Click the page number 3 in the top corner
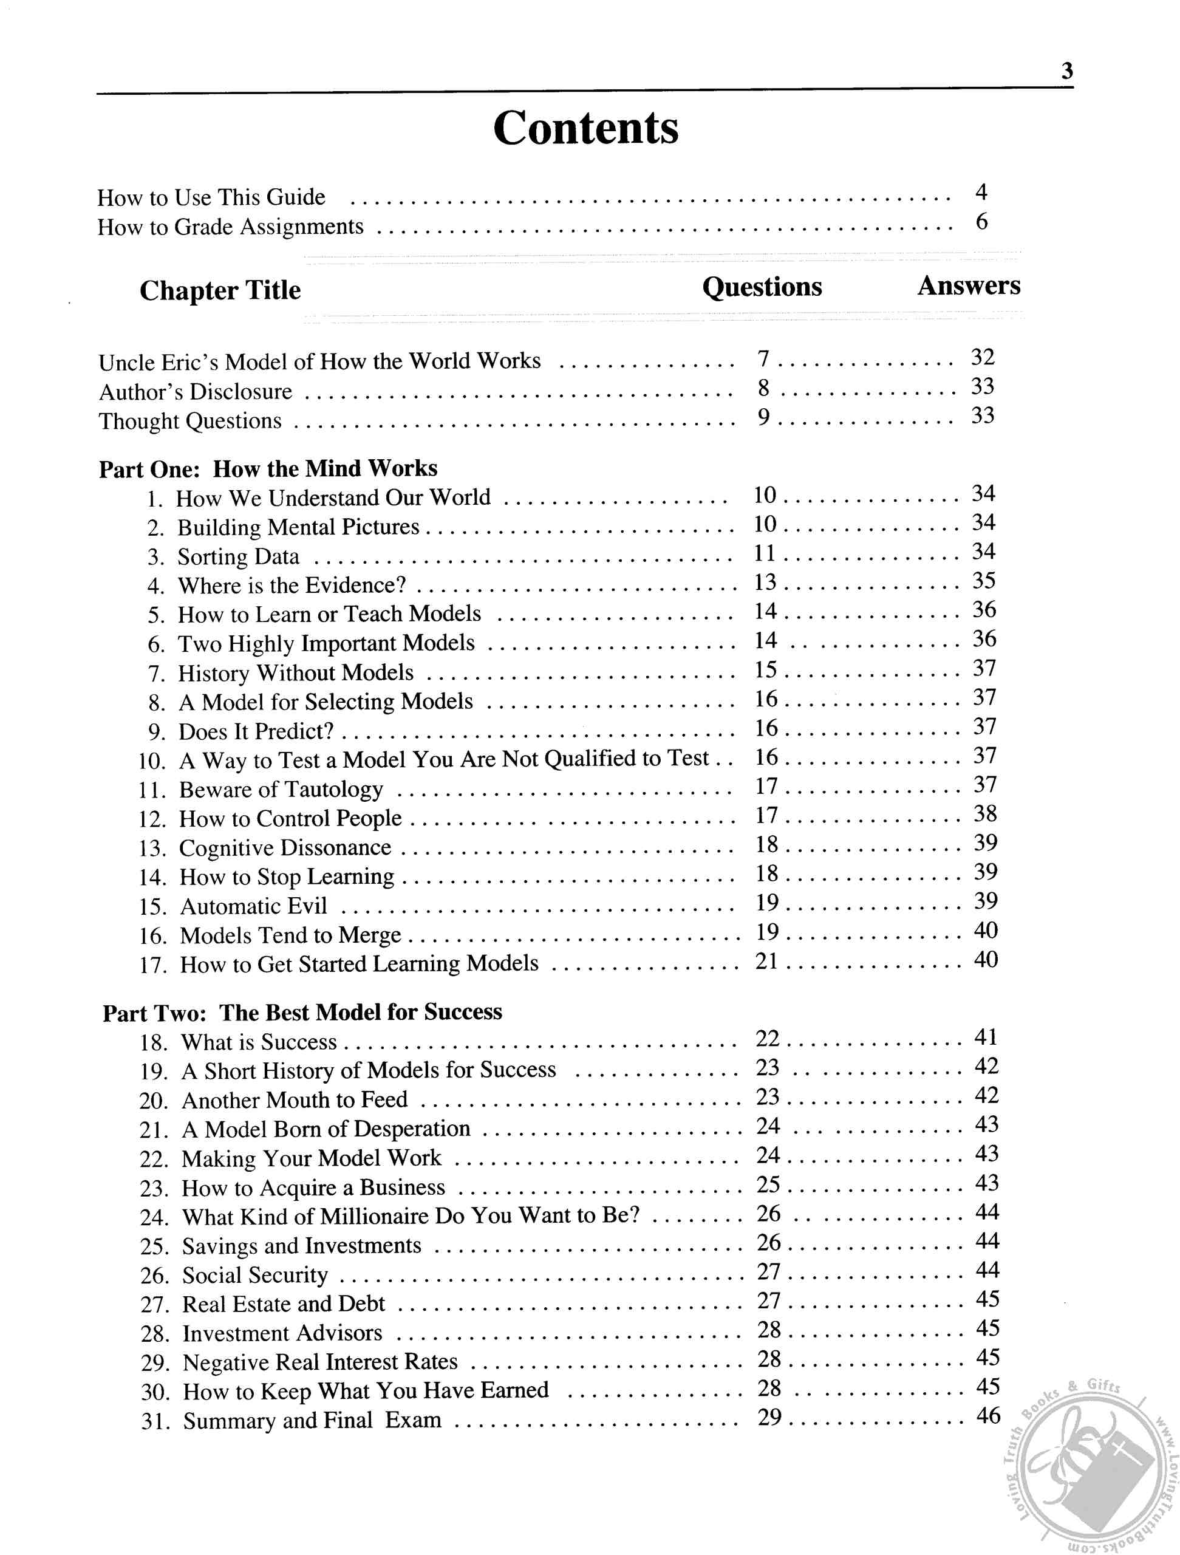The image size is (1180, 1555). pyautogui.click(x=1066, y=71)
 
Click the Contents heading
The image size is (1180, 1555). pyautogui.click(x=585, y=128)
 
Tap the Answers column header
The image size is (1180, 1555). pyautogui.click(x=969, y=285)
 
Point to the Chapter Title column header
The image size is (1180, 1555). pyautogui.click(x=220, y=290)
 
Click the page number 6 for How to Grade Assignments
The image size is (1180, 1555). pyautogui.click(x=981, y=222)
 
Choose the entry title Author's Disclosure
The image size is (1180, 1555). pyautogui.click(x=196, y=392)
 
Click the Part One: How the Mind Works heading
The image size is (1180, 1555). pyautogui.click(x=268, y=468)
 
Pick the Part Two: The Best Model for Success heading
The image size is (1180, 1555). pyautogui.click(x=302, y=1013)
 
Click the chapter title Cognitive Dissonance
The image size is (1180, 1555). pyautogui.click(x=285, y=848)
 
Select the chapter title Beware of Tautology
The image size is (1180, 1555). pyautogui.click(x=281, y=790)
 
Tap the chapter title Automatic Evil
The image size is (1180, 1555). pyautogui.click(x=254, y=906)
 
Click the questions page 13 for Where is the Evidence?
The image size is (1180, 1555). pyautogui.click(x=765, y=582)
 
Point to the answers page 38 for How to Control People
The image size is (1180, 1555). pyautogui.click(x=984, y=814)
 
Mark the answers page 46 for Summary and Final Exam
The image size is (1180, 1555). pyautogui.click(x=988, y=1416)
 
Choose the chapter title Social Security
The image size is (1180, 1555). pyautogui.click(x=255, y=1275)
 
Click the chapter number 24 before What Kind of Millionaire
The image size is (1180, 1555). pyautogui.click(x=153, y=1217)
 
